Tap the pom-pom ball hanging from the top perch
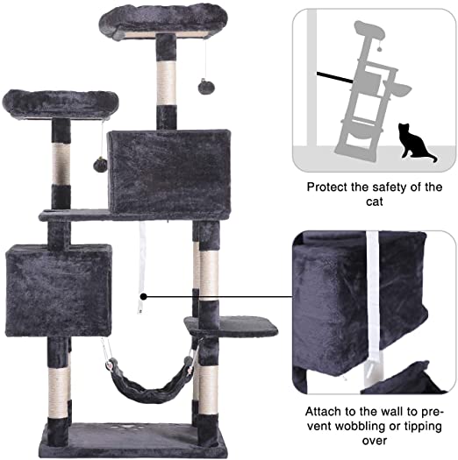[206, 86]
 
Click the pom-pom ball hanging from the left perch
[100, 166]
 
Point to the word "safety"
[389, 188]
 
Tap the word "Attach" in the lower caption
[323, 412]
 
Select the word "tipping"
[423, 426]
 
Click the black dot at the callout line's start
[144, 297]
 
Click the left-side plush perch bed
[61, 104]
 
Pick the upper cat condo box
[169, 173]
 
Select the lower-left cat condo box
[59, 290]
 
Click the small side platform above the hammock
[231, 326]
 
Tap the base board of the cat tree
[132, 440]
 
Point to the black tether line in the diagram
[334, 77]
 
